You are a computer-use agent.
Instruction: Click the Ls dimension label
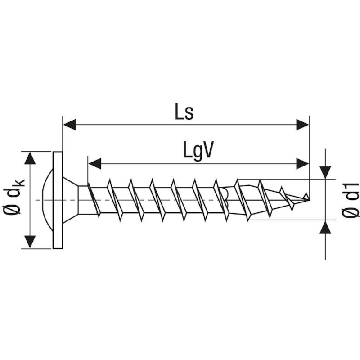click(184, 112)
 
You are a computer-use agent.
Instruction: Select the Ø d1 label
click(351, 200)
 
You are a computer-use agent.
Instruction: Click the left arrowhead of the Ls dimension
click(69, 125)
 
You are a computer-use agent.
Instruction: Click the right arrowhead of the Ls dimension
click(302, 125)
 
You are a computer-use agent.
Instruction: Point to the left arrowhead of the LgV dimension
click(94, 164)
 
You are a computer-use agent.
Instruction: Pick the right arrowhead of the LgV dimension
click(302, 164)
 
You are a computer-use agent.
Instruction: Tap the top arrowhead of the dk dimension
click(30, 158)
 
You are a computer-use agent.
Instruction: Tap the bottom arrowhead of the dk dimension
click(30, 242)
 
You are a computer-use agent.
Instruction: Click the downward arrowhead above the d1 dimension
click(325, 172)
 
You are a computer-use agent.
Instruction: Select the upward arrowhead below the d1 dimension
click(325, 227)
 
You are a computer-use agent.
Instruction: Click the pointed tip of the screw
click(309, 200)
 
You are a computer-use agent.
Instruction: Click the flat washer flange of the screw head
click(58, 200)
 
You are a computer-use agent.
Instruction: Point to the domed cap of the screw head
click(48, 200)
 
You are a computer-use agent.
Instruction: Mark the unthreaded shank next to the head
click(83, 200)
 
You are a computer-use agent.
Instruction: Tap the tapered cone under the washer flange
click(70, 200)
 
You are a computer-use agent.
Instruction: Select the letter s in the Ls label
click(189, 114)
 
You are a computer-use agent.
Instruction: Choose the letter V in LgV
click(208, 149)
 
